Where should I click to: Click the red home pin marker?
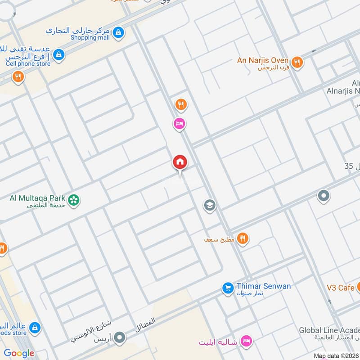[x=180, y=162]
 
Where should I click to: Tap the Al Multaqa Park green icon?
[x=74, y=199]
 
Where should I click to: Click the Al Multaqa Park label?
[x=38, y=198]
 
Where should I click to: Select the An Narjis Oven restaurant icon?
[x=297, y=63]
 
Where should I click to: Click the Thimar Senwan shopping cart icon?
[x=228, y=287]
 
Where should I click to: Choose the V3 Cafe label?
[x=340, y=288]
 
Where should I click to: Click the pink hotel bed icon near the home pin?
[x=180, y=123]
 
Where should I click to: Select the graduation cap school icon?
[x=210, y=206]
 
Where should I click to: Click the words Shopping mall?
[x=90, y=38]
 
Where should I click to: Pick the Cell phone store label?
[x=28, y=63]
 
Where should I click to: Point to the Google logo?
[x=19, y=353]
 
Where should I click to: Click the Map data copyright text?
[x=335, y=356]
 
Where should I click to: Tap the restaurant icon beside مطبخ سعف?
[x=243, y=238]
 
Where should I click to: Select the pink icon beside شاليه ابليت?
[x=246, y=342]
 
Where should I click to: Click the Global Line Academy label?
[x=329, y=330]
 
